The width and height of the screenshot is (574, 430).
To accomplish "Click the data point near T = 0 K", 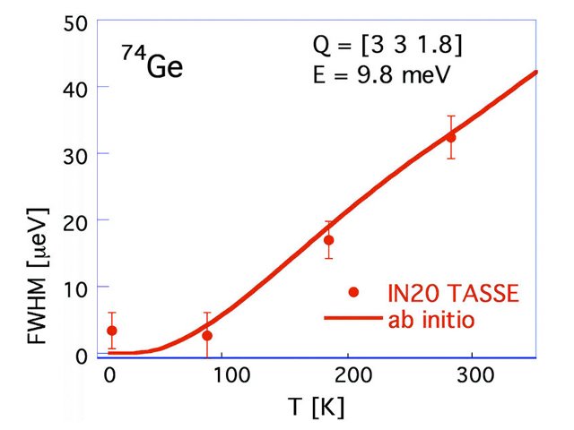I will (111, 331).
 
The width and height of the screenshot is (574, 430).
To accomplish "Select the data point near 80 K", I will (207, 336).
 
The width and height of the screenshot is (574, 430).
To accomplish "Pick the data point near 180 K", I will (328, 240).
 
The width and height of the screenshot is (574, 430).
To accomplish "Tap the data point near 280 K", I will (450, 137).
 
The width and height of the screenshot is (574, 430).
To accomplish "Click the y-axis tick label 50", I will (74, 21).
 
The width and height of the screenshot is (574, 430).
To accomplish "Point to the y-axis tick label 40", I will (74, 87).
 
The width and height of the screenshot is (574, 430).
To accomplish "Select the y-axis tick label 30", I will (74, 153).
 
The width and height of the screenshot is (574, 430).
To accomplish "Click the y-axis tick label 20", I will (74, 219).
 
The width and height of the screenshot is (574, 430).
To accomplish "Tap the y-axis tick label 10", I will (74, 287).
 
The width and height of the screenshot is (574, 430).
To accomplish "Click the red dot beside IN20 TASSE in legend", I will (354, 292).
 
